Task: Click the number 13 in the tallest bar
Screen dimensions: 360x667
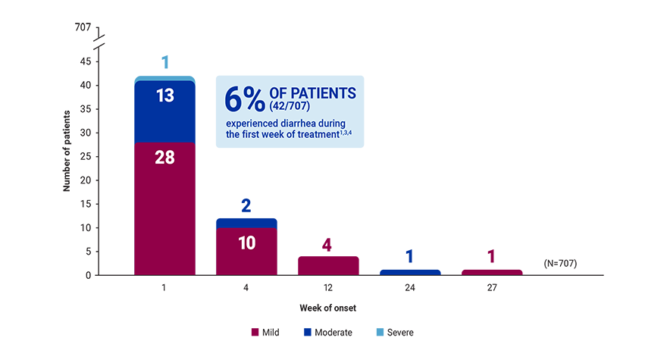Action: click(165, 96)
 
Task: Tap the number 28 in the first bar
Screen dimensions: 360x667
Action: click(165, 158)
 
